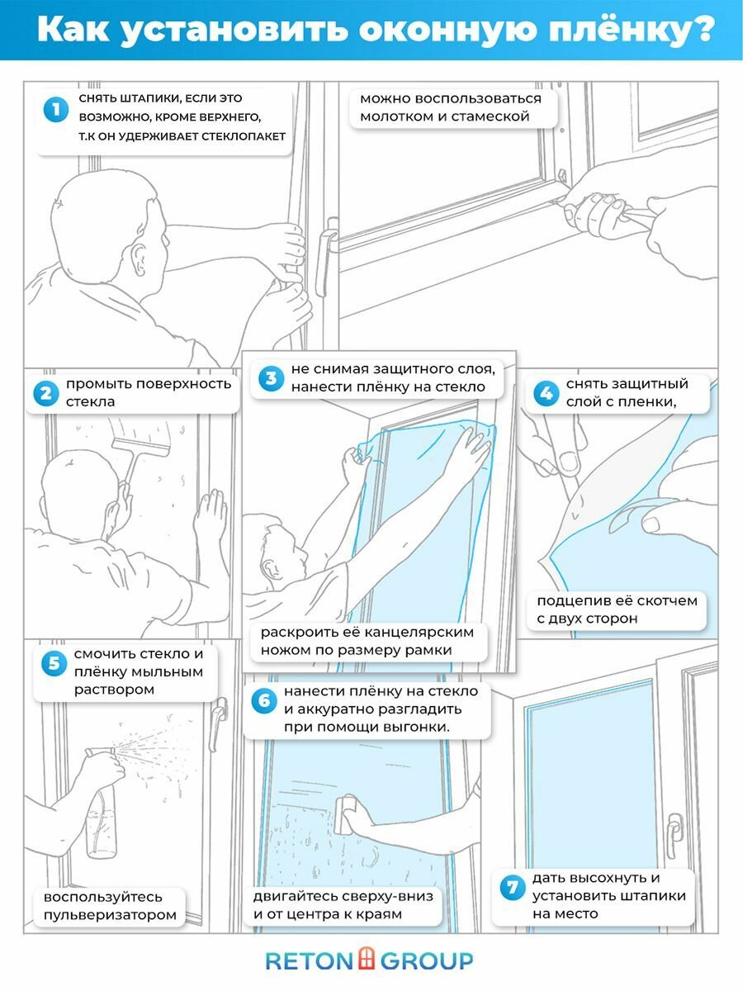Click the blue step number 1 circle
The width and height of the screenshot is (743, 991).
pos(55,109)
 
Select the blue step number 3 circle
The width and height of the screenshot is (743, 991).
pos(269,379)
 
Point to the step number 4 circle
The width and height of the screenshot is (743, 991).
pos(545,393)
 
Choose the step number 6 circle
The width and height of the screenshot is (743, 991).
pos(263,701)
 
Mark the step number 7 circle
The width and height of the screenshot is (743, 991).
pos(512,888)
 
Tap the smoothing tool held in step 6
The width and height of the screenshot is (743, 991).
pos(347,813)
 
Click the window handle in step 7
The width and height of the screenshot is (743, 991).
pos(674,830)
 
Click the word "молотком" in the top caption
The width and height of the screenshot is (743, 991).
pos(392,116)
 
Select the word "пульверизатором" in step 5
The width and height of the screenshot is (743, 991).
pos(110,914)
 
